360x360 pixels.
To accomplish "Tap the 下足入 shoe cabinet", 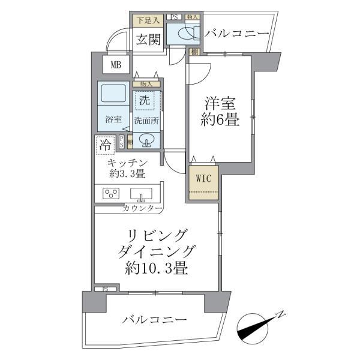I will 146,21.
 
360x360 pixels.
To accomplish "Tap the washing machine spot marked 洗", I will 145,100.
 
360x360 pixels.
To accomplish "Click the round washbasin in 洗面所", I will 146,140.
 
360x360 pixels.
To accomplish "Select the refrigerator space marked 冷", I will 104,145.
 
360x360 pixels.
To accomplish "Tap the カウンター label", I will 142,208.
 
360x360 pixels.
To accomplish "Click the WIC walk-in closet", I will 202,178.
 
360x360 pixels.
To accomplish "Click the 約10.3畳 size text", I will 156,268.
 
